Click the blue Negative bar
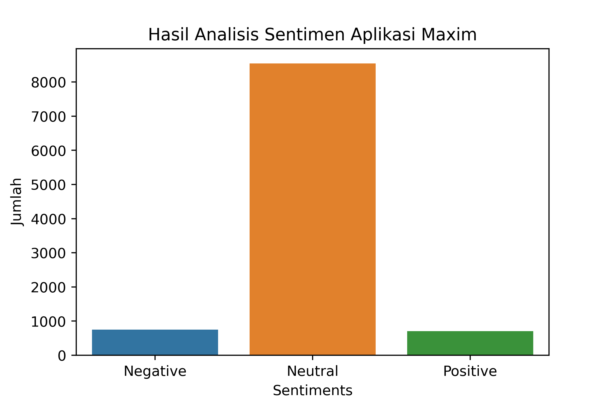155,342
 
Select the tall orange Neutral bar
313,209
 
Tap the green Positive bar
470,343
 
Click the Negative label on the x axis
155,371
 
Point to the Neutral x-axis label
313,371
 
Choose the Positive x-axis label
470,371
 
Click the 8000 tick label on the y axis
49,83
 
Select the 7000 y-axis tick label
49,117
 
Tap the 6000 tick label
49,151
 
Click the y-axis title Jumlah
16,202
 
